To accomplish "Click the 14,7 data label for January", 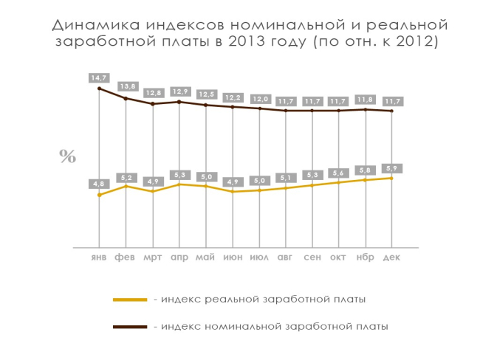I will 99,77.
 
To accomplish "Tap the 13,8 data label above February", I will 126,86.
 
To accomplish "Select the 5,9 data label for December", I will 391,167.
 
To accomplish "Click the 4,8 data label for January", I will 99,183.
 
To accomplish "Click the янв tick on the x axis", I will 99,257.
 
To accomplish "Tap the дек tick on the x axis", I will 391,257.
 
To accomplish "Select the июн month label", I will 233,257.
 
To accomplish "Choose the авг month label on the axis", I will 286,257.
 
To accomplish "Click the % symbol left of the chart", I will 68,156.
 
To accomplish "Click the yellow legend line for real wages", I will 130,300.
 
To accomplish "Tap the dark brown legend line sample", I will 130,325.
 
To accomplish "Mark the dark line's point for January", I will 99,89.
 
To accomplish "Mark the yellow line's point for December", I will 391,178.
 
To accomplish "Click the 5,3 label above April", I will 179,174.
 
